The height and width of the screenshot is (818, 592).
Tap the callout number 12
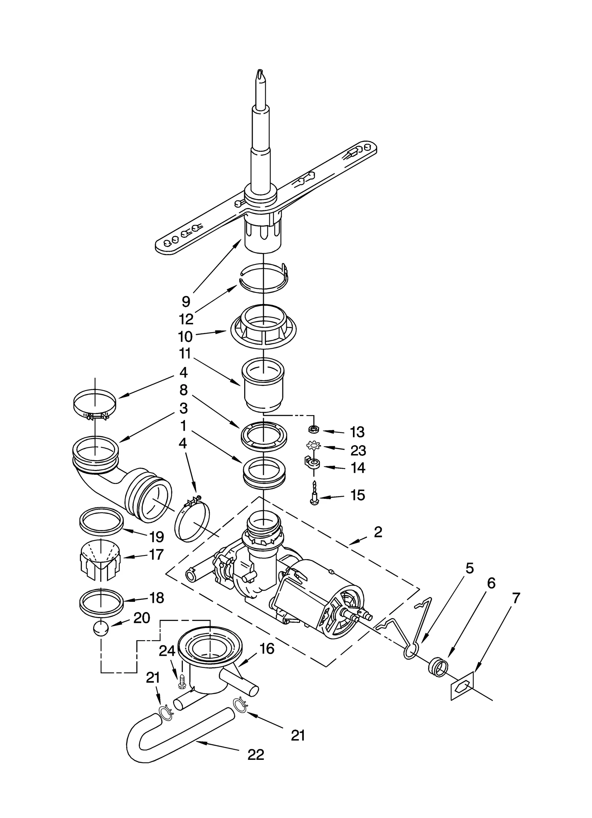tap(186, 319)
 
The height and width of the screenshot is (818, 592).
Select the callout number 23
tap(358, 451)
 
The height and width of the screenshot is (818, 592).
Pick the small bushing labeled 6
tap(438, 667)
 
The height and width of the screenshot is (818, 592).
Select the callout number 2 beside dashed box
tap(378, 532)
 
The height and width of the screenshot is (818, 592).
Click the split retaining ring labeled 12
tap(264, 278)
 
